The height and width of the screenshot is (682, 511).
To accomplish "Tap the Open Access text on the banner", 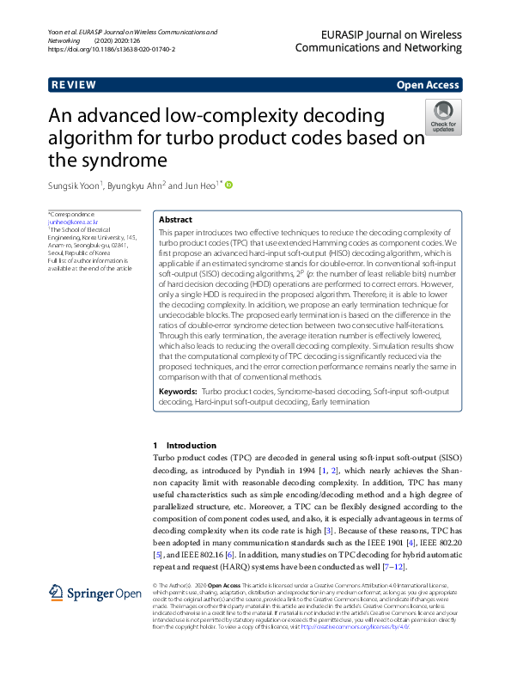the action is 428,85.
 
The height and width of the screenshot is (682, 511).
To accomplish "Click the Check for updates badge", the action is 443,117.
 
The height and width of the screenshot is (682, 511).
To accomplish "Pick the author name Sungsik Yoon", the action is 74,185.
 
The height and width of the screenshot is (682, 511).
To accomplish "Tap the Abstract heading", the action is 176,220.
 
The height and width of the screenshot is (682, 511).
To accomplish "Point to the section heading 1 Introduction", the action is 185,446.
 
